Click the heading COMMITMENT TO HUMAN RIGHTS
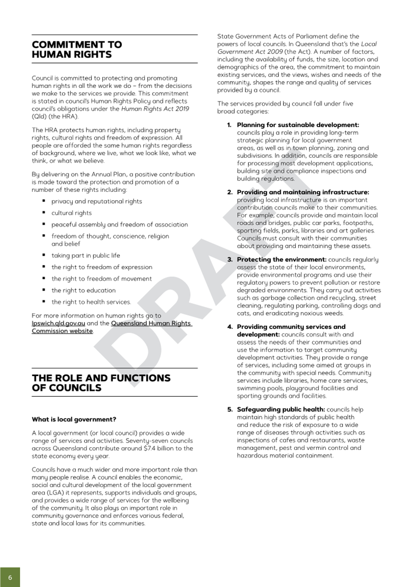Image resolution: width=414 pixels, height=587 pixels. coord(77,50)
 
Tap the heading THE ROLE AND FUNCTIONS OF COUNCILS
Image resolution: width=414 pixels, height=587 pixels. coord(101,383)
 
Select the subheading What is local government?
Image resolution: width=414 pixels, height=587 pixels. coord(74,419)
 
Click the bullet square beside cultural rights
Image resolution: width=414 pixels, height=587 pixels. coord(44,213)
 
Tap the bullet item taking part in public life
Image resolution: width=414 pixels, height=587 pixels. coord(85,256)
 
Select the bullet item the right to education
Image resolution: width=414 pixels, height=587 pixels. coord(83,291)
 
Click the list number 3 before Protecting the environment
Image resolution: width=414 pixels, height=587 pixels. coord(230,260)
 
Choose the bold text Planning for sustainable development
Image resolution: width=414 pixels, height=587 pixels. coord(298,125)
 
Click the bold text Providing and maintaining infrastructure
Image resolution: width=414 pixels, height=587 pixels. coord(303,192)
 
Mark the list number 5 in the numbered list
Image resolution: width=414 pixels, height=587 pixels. coord(230,410)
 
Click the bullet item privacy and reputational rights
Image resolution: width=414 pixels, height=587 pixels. coord(97,202)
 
